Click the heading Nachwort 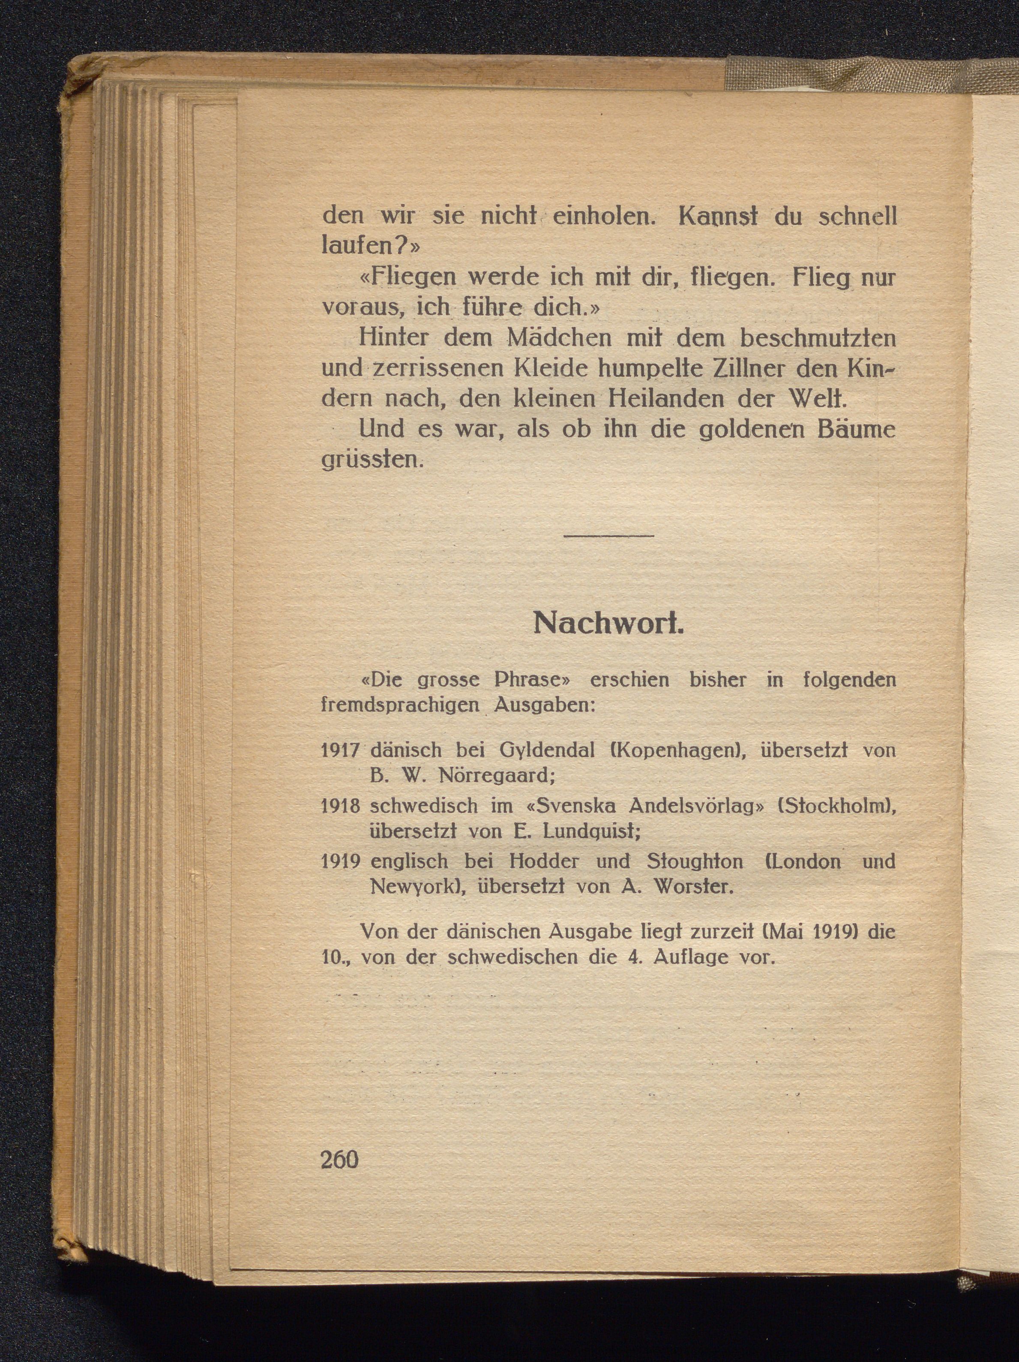coord(608,624)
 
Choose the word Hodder coord(545,861)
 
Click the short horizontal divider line coord(608,536)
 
